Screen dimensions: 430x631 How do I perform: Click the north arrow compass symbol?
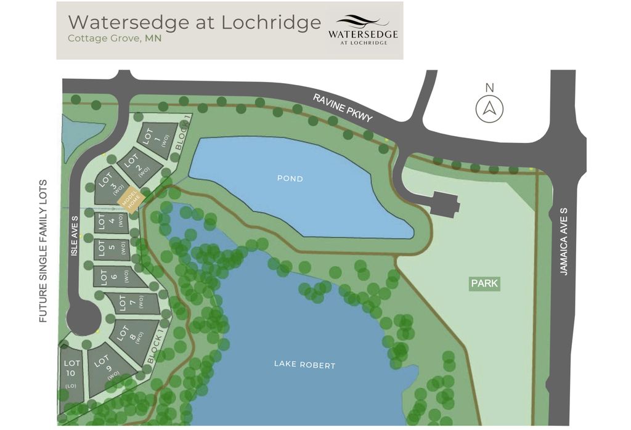(x=489, y=109)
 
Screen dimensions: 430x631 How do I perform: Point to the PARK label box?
(x=484, y=284)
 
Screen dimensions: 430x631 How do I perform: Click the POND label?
(x=290, y=179)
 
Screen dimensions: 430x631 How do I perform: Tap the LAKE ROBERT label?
(x=304, y=365)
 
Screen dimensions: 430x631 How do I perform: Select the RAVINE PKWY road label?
(x=343, y=107)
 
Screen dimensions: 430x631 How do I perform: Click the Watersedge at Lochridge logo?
(x=362, y=30)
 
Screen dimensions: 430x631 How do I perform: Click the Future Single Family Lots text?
(x=43, y=251)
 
